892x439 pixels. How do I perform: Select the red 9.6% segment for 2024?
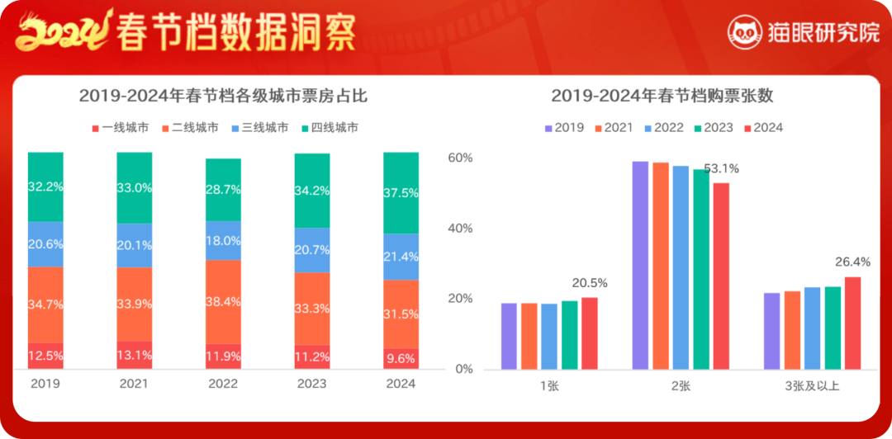tap(401, 358)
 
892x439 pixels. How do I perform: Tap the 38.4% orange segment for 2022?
tap(223, 302)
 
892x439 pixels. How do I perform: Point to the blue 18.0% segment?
tap(223, 241)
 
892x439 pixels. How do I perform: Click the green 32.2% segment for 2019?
tap(45, 187)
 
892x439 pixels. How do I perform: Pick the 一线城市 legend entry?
tap(119, 128)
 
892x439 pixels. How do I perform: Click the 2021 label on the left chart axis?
tap(134, 384)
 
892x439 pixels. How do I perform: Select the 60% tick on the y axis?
tap(460, 158)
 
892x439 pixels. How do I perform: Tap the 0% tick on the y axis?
tap(464, 369)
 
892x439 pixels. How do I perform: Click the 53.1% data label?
tap(721, 169)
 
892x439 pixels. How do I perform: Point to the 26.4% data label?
tap(852, 262)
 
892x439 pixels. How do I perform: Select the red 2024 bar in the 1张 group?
tap(589, 333)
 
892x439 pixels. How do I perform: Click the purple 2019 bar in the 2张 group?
tap(640, 265)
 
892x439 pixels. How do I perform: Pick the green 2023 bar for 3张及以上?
tap(833, 328)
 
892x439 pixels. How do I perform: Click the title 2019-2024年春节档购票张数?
tap(662, 96)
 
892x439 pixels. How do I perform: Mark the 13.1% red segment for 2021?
tap(134, 356)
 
